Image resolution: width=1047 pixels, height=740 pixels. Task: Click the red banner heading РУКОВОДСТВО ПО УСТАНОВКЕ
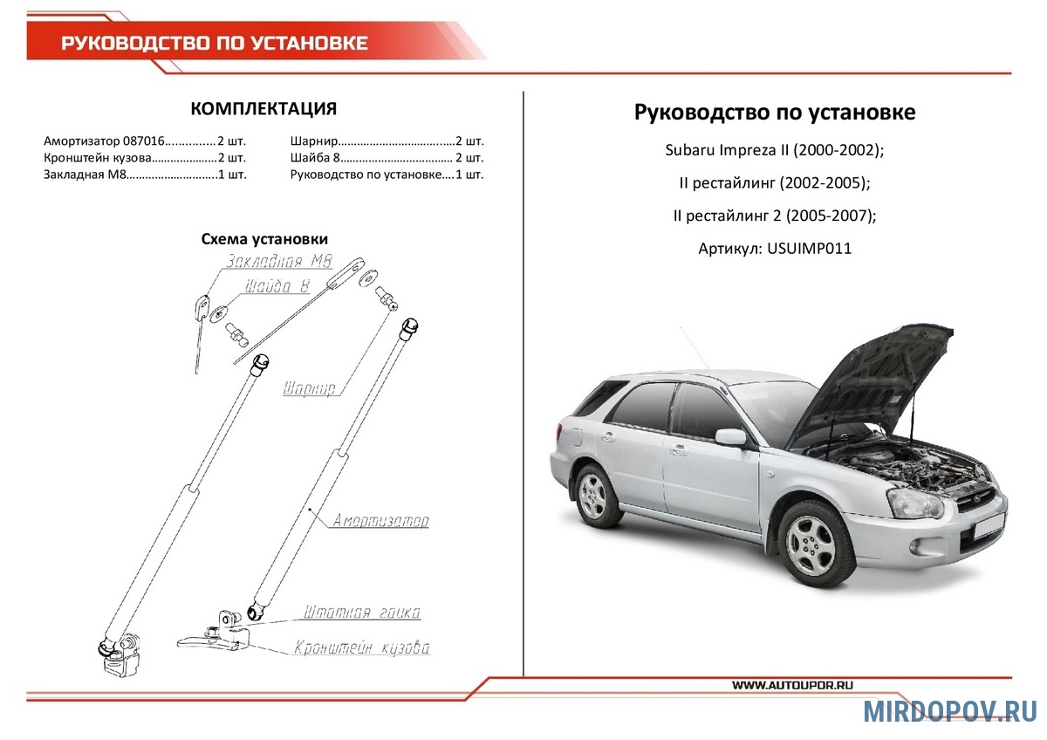[214, 43]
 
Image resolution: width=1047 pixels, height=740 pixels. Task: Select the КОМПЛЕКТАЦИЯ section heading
[263, 109]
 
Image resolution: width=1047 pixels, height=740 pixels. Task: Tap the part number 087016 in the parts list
[143, 140]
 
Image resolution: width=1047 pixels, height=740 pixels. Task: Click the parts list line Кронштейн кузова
[144, 158]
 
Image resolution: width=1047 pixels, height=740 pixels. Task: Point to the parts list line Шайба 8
[386, 158]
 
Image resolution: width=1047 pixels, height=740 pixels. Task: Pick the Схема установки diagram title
[264, 239]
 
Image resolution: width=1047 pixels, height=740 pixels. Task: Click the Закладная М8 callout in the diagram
[276, 262]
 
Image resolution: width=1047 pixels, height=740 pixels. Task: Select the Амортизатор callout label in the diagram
[380, 521]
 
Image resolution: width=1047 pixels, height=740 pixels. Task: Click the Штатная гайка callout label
[362, 613]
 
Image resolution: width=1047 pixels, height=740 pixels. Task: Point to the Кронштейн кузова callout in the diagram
[362, 648]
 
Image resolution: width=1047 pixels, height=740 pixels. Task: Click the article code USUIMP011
[809, 249]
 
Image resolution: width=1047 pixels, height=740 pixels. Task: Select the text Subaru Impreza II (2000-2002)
[775, 150]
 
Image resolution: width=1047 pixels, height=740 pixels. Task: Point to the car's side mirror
[730, 436]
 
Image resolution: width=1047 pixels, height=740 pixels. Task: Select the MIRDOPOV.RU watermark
[950, 711]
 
